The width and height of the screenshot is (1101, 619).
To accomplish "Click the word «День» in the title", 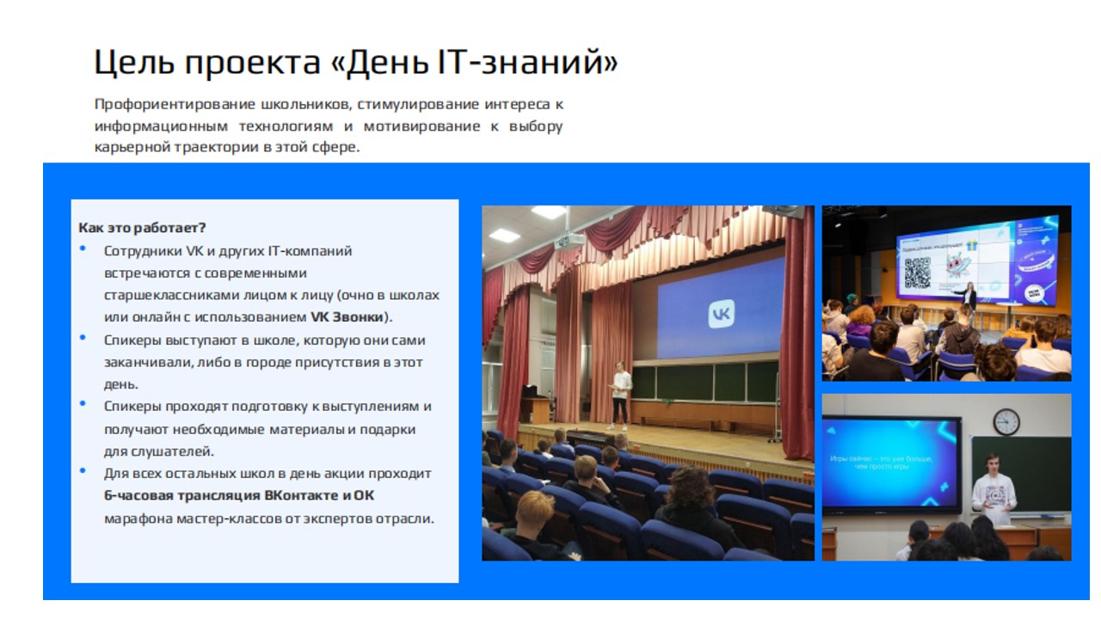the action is coord(387,63).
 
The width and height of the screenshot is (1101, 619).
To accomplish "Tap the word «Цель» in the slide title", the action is coord(134,64).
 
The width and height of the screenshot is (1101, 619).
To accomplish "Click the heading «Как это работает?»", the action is coord(142,228).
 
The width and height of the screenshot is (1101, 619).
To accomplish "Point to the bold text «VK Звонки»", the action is coord(347,317).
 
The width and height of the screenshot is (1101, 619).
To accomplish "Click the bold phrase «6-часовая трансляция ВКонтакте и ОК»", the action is coord(239,495).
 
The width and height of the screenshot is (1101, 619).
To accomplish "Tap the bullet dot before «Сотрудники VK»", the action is coord(83,248).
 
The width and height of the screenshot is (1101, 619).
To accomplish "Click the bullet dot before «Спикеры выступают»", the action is coord(83,338).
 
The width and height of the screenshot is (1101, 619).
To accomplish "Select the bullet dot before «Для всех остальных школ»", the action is coord(83,470).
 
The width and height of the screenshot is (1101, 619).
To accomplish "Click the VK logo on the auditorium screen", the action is coord(721,314).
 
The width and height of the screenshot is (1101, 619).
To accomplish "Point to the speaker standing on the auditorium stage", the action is coord(620,395).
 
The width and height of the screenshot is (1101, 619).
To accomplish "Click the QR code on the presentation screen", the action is coord(917,273).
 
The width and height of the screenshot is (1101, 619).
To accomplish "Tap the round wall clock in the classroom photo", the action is coord(1006,421).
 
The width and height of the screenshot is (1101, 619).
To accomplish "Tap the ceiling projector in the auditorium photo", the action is coord(569,240).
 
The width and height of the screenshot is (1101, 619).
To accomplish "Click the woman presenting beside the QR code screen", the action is coord(969,297).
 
